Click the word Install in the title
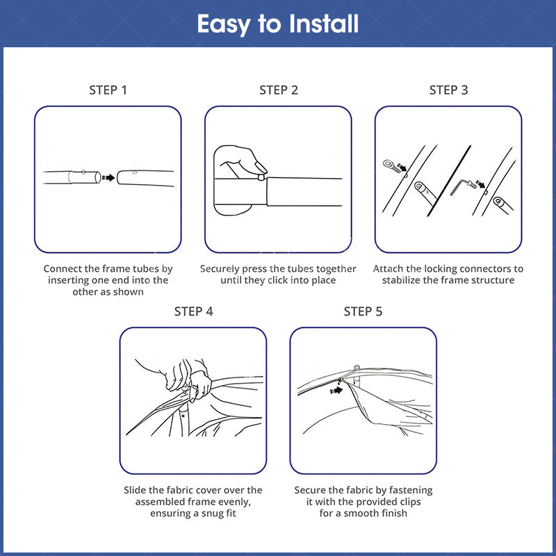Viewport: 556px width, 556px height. click(x=323, y=24)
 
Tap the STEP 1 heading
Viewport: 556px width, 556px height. click(x=108, y=90)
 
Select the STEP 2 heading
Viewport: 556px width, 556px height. click(x=279, y=90)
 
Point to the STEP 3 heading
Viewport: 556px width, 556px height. click(x=448, y=90)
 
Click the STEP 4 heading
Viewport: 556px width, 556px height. click(x=193, y=311)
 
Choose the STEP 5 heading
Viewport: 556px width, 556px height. click(x=363, y=311)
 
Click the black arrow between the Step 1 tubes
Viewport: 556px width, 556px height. click(x=108, y=177)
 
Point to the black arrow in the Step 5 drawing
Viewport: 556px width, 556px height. click(x=336, y=390)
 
